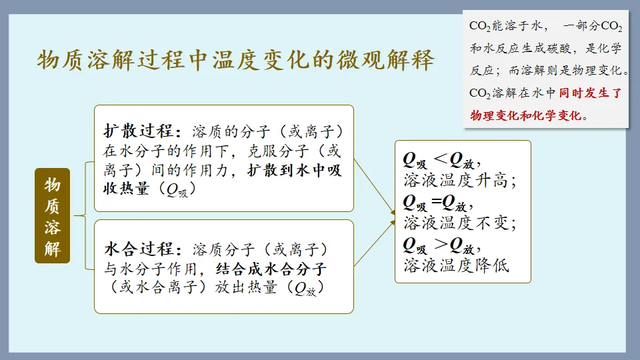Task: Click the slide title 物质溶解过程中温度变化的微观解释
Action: coord(235,60)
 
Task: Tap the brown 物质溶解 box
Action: coord(53,216)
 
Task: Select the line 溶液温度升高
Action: coord(460,180)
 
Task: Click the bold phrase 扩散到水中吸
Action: coord(294,171)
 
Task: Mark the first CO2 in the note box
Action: coord(480,27)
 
